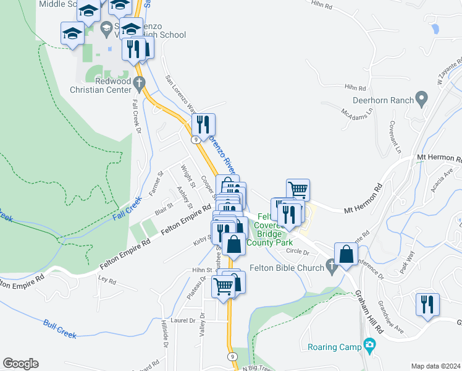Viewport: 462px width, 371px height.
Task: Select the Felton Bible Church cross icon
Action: (332, 267)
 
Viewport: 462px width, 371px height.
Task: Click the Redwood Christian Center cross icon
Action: (140, 82)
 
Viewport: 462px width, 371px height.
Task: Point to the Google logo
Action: (20, 364)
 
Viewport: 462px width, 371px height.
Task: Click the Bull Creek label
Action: (60, 328)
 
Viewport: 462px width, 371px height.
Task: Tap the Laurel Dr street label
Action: (183, 320)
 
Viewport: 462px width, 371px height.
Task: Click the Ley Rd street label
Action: (107, 281)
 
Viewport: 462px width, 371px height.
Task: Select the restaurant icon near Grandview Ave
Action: (427, 304)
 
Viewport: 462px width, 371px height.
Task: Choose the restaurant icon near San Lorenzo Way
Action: (203, 124)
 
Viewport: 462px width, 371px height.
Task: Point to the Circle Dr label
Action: (297, 251)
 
